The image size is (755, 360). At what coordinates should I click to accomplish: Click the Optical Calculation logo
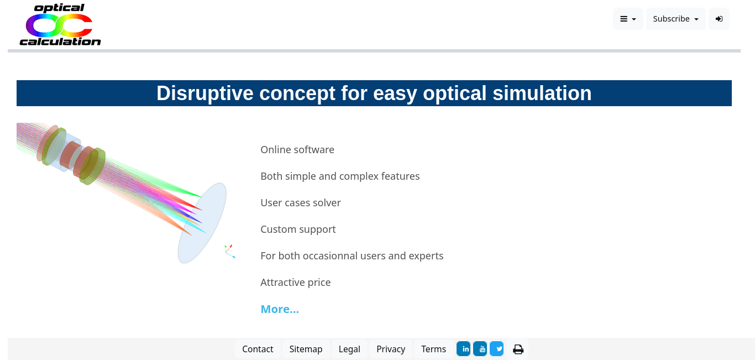click(x=60, y=25)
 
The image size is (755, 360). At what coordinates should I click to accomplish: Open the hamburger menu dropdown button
click(x=628, y=19)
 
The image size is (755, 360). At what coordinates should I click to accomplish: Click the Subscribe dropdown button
click(x=675, y=19)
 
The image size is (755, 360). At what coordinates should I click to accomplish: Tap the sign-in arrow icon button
click(x=719, y=19)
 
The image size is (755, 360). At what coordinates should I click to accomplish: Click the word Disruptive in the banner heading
click(x=205, y=93)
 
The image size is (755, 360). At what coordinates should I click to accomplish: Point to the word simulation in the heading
click(x=542, y=93)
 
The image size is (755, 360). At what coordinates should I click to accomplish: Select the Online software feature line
click(x=297, y=150)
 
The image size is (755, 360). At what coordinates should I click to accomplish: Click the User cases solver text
click(x=301, y=202)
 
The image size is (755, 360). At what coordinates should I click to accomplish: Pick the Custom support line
click(x=298, y=229)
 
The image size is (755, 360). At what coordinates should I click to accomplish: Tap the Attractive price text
click(x=296, y=283)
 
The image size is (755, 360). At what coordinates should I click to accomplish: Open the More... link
click(x=280, y=309)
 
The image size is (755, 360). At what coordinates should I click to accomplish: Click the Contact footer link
click(x=258, y=349)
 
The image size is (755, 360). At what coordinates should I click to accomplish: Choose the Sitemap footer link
click(x=306, y=349)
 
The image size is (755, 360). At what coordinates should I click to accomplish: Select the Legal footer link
click(x=349, y=349)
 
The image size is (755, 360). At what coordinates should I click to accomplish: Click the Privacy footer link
click(x=391, y=349)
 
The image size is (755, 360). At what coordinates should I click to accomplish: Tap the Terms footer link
click(x=433, y=349)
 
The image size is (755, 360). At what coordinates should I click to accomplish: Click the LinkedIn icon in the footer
click(x=464, y=349)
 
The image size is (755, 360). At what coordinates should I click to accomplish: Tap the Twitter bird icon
click(x=497, y=349)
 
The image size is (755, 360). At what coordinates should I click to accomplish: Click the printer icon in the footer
click(x=518, y=349)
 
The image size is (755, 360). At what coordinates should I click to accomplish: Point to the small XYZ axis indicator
click(x=230, y=252)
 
